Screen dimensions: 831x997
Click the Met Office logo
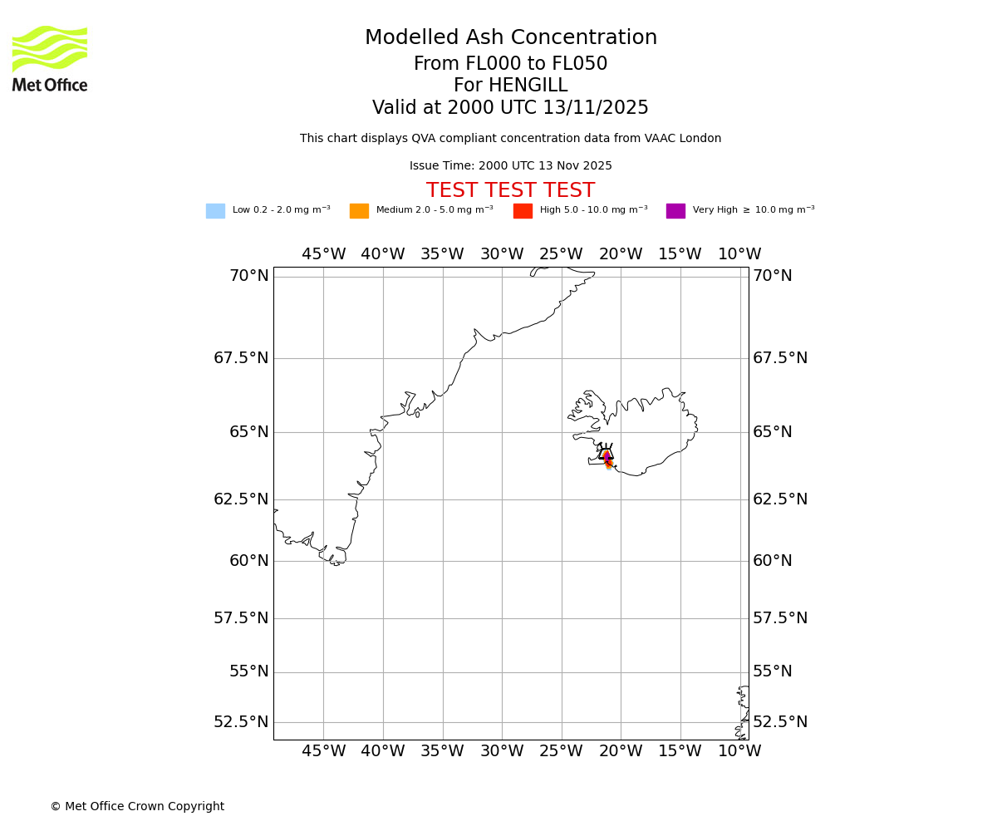(x=50, y=58)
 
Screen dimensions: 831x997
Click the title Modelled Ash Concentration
(x=511, y=38)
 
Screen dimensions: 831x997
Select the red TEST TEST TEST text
(x=510, y=191)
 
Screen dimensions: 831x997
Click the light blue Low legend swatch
(x=215, y=211)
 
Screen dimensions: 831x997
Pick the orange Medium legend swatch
(x=359, y=211)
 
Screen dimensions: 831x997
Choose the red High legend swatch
(x=523, y=211)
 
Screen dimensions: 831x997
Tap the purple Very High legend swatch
(x=675, y=211)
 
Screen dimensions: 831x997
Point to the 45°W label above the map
(x=323, y=254)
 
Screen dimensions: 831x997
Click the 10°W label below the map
(x=739, y=751)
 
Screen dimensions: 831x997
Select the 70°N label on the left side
(x=249, y=276)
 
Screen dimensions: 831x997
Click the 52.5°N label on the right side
(x=780, y=722)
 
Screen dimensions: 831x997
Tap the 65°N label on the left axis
(x=249, y=432)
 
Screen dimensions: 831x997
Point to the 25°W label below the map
(x=561, y=751)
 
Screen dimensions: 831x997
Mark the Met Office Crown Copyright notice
(x=137, y=807)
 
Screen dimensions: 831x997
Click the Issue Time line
(x=510, y=166)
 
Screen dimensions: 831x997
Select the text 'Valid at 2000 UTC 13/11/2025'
(x=510, y=108)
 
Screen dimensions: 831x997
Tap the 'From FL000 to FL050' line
(x=510, y=64)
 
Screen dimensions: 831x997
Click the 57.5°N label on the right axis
(x=780, y=618)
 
